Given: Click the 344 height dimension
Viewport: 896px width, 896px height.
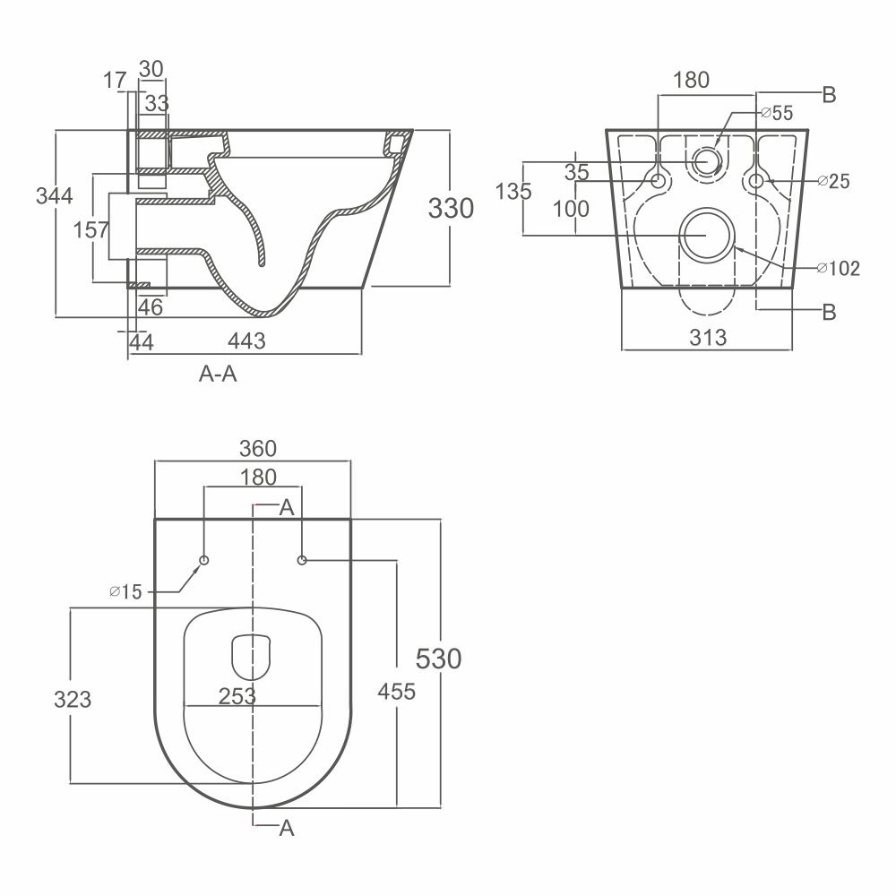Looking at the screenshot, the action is click(x=55, y=196).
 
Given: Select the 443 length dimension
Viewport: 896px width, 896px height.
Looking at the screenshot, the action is click(x=247, y=341).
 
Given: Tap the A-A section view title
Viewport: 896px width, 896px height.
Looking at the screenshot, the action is click(x=218, y=374).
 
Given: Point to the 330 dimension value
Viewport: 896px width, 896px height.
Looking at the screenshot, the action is click(x=451, y=209).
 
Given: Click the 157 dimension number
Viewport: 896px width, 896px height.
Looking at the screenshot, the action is click(x=90, y=229).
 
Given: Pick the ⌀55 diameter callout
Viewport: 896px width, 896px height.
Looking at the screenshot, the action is click(x=778, y=113).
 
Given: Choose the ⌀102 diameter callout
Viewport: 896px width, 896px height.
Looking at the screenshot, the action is click(x=839, y=268).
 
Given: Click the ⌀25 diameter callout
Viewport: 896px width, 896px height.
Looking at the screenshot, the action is click(x=833, y=181).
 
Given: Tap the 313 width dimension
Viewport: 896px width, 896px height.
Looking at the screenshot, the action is click(x=708, y=338).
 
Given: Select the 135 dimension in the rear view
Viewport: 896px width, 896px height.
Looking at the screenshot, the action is click(x=513, y=192).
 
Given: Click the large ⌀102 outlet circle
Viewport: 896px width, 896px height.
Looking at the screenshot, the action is click(x=707, y=236).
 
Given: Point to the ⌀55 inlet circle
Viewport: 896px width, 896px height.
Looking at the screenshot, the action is click(x=707, y=161).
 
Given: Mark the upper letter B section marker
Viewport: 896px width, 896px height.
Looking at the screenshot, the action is click(x=829, y=95).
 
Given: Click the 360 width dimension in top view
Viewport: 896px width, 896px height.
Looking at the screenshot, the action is click(x=258, y=449).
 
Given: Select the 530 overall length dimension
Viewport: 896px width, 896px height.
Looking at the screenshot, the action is click(x=438, y=659).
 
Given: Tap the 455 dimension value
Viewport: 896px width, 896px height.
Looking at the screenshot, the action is click(x=397, y=692).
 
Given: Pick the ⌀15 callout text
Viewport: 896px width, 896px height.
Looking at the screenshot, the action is click(x=125, y=591).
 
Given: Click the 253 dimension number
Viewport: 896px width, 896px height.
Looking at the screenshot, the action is click(x=237, y=696).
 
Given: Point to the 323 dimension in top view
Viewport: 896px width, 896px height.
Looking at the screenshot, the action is click(x=73, y=700).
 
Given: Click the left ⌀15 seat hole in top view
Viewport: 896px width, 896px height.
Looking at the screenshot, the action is click(x=204, y=560).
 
